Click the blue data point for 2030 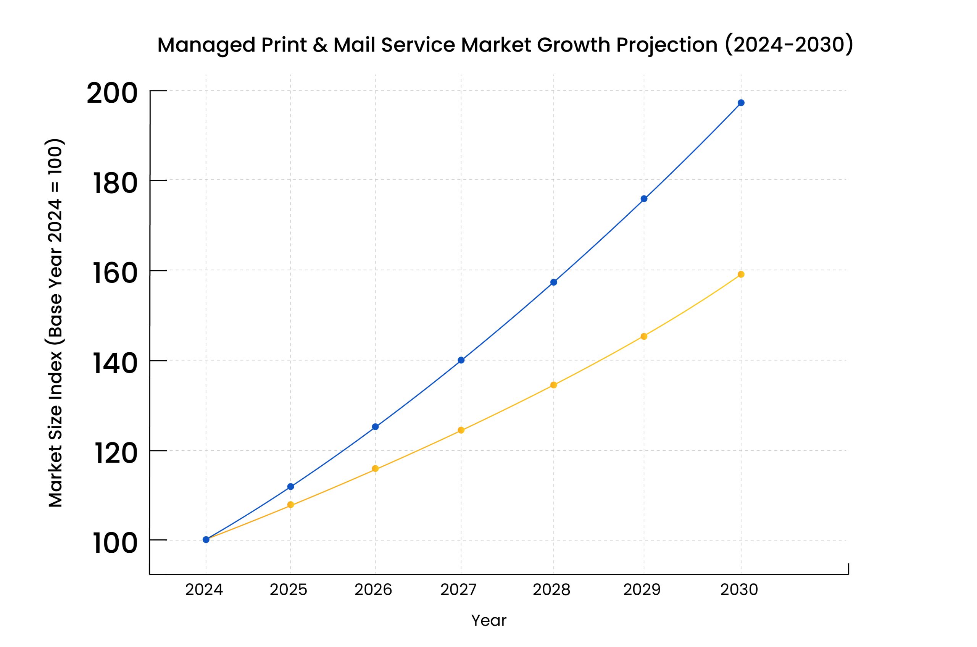pos(741,103)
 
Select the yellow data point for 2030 pos(741,274)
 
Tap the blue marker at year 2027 pos(461,360)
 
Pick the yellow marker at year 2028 pos(554,385)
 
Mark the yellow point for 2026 pos(375,468)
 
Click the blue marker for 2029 pos(644,198)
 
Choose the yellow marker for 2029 pos(644,336)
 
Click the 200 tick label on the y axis pos(112,93)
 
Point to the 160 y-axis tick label pos(115,273)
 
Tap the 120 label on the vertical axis pos(116,453)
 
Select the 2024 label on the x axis pos(204,590)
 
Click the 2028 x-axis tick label pos(551,590)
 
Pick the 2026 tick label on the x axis pos(373,590)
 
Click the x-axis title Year pos(489,621)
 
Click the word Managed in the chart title pos(207,45)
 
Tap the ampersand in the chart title pos(320,45)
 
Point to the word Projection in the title pos(667,45)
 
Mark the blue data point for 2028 pos(554,282)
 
